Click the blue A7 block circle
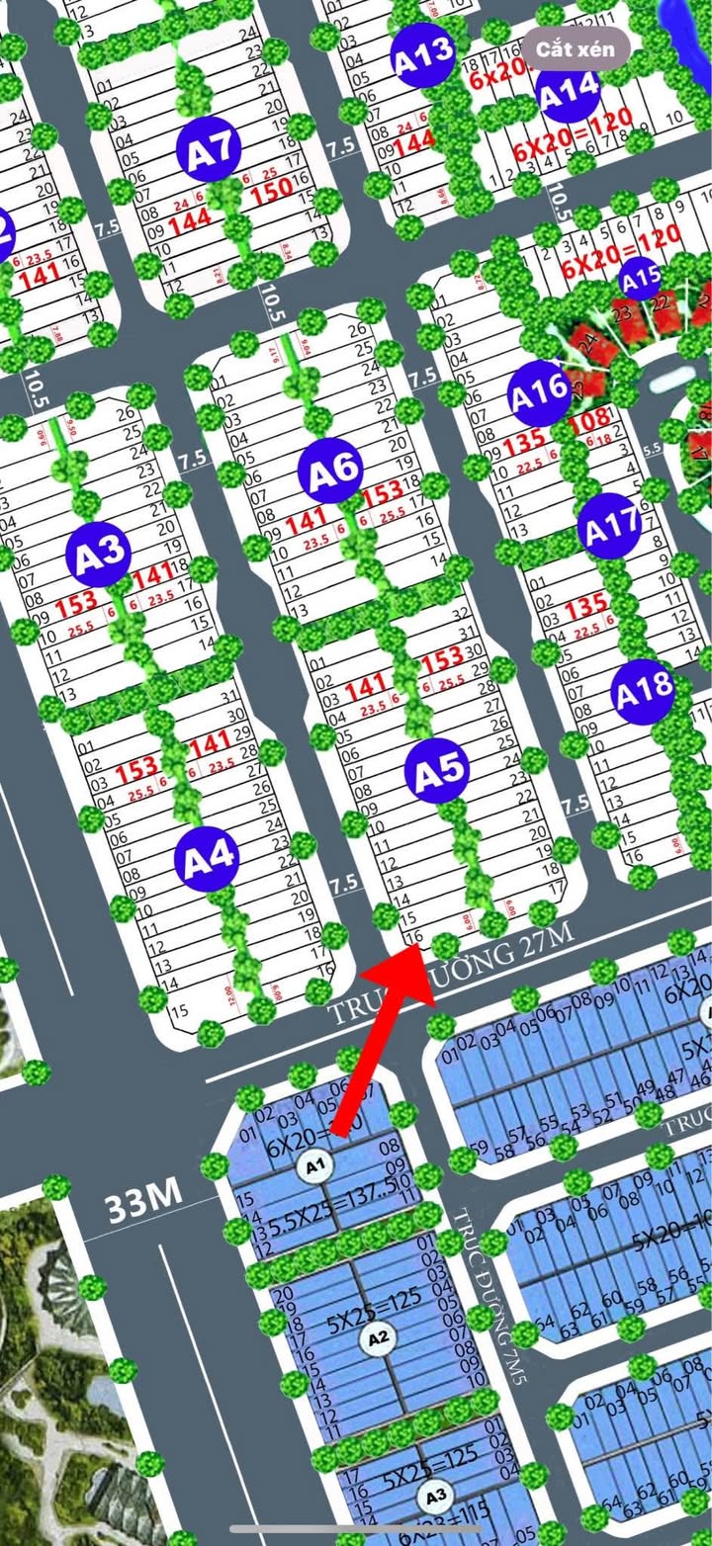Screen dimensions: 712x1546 (x=210, y=151)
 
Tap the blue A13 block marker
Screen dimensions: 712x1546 (x=423, y=54)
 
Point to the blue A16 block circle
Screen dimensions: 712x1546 (x=539, y=394)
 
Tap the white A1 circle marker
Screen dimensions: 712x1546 (x=316, y=1168)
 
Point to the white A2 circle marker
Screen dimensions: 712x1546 (x=376, y=1338)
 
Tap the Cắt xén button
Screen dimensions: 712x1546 (x=576, y=48)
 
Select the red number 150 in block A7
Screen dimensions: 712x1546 (x=270, y=188)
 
